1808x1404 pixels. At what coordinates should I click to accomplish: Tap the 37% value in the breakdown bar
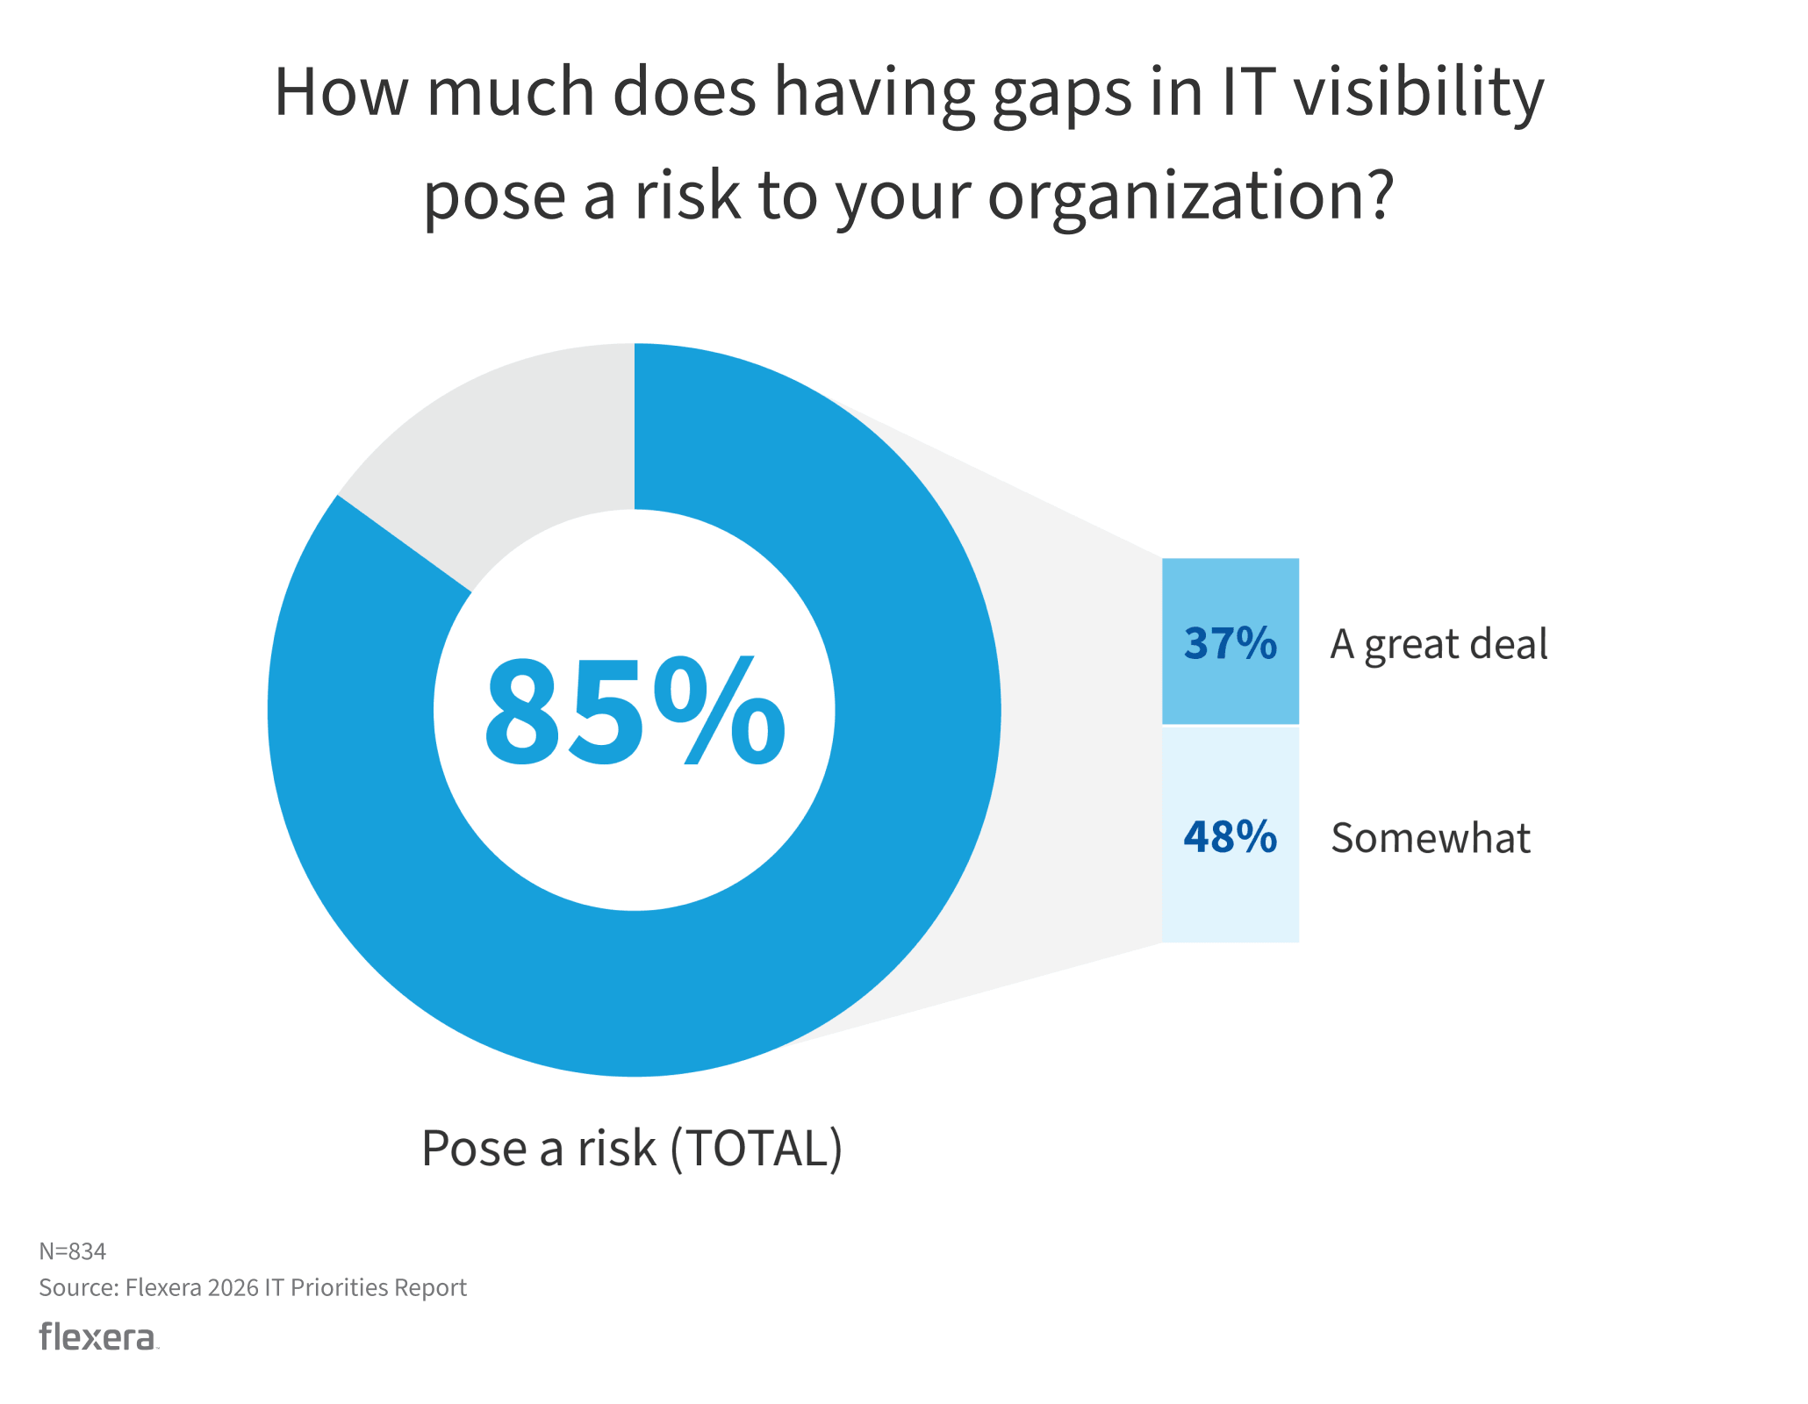point(1230,643)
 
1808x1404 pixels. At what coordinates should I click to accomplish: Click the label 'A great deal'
point(1439,644)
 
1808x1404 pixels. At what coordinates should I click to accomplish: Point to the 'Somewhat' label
point(1430,838)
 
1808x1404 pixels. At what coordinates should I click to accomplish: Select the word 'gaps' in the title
point(1063,95)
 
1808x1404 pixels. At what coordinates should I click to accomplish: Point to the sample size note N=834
point(72,1251)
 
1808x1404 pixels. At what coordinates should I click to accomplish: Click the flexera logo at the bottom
point(97,1336)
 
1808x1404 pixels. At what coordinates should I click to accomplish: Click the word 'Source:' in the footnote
point(78,1287)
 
